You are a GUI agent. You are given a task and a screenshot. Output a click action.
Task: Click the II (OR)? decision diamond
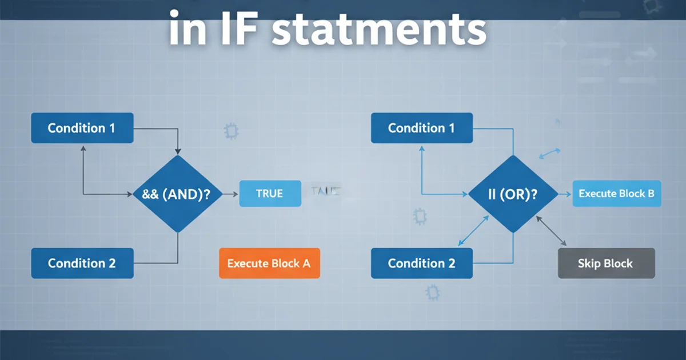tap(513, 194)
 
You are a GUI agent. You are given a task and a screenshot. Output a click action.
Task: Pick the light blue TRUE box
tap(269, 194)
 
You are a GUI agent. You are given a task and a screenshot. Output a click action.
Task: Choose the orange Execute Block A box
tap(269, 263)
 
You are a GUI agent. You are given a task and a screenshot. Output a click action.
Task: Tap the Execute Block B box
tap(616, 194)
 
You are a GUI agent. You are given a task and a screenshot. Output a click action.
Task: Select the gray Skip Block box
tap(605, 263)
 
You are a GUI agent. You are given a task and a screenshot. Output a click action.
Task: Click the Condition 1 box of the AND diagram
tap(82, 128)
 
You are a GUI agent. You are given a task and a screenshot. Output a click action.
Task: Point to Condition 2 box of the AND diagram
tap(82, 263)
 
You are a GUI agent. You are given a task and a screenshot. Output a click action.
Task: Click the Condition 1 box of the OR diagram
tap(421, 128)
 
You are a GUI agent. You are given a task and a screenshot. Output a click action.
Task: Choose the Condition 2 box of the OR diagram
tap(421, 263)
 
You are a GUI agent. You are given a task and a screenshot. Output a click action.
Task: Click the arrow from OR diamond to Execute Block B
tap(564, 194)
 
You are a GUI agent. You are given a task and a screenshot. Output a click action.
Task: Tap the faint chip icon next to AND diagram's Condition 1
tap(231, 131)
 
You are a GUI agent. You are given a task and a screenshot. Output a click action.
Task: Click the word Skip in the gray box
tap(589, 263)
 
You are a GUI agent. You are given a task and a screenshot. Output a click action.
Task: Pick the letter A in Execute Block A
tap(306, 263)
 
